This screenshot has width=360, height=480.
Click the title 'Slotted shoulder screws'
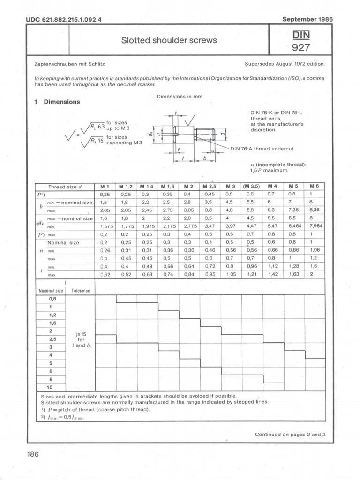point(169,40)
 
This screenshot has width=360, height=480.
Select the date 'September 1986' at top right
point(307,19)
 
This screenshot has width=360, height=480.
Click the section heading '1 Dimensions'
point(57,102)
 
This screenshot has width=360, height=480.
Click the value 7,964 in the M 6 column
point(315,226)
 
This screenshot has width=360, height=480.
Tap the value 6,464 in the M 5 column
point(294,226)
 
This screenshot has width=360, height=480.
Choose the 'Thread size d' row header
point(65,187)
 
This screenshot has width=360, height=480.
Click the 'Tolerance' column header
point(80,291)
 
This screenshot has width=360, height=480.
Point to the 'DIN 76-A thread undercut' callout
point(262,149)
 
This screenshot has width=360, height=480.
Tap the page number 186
point(33,454)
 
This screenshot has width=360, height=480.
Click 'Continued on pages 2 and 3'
point(290,435)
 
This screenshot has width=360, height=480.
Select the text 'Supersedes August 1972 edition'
point(285,63)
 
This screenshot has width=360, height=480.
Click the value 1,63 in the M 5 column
point(294,274)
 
